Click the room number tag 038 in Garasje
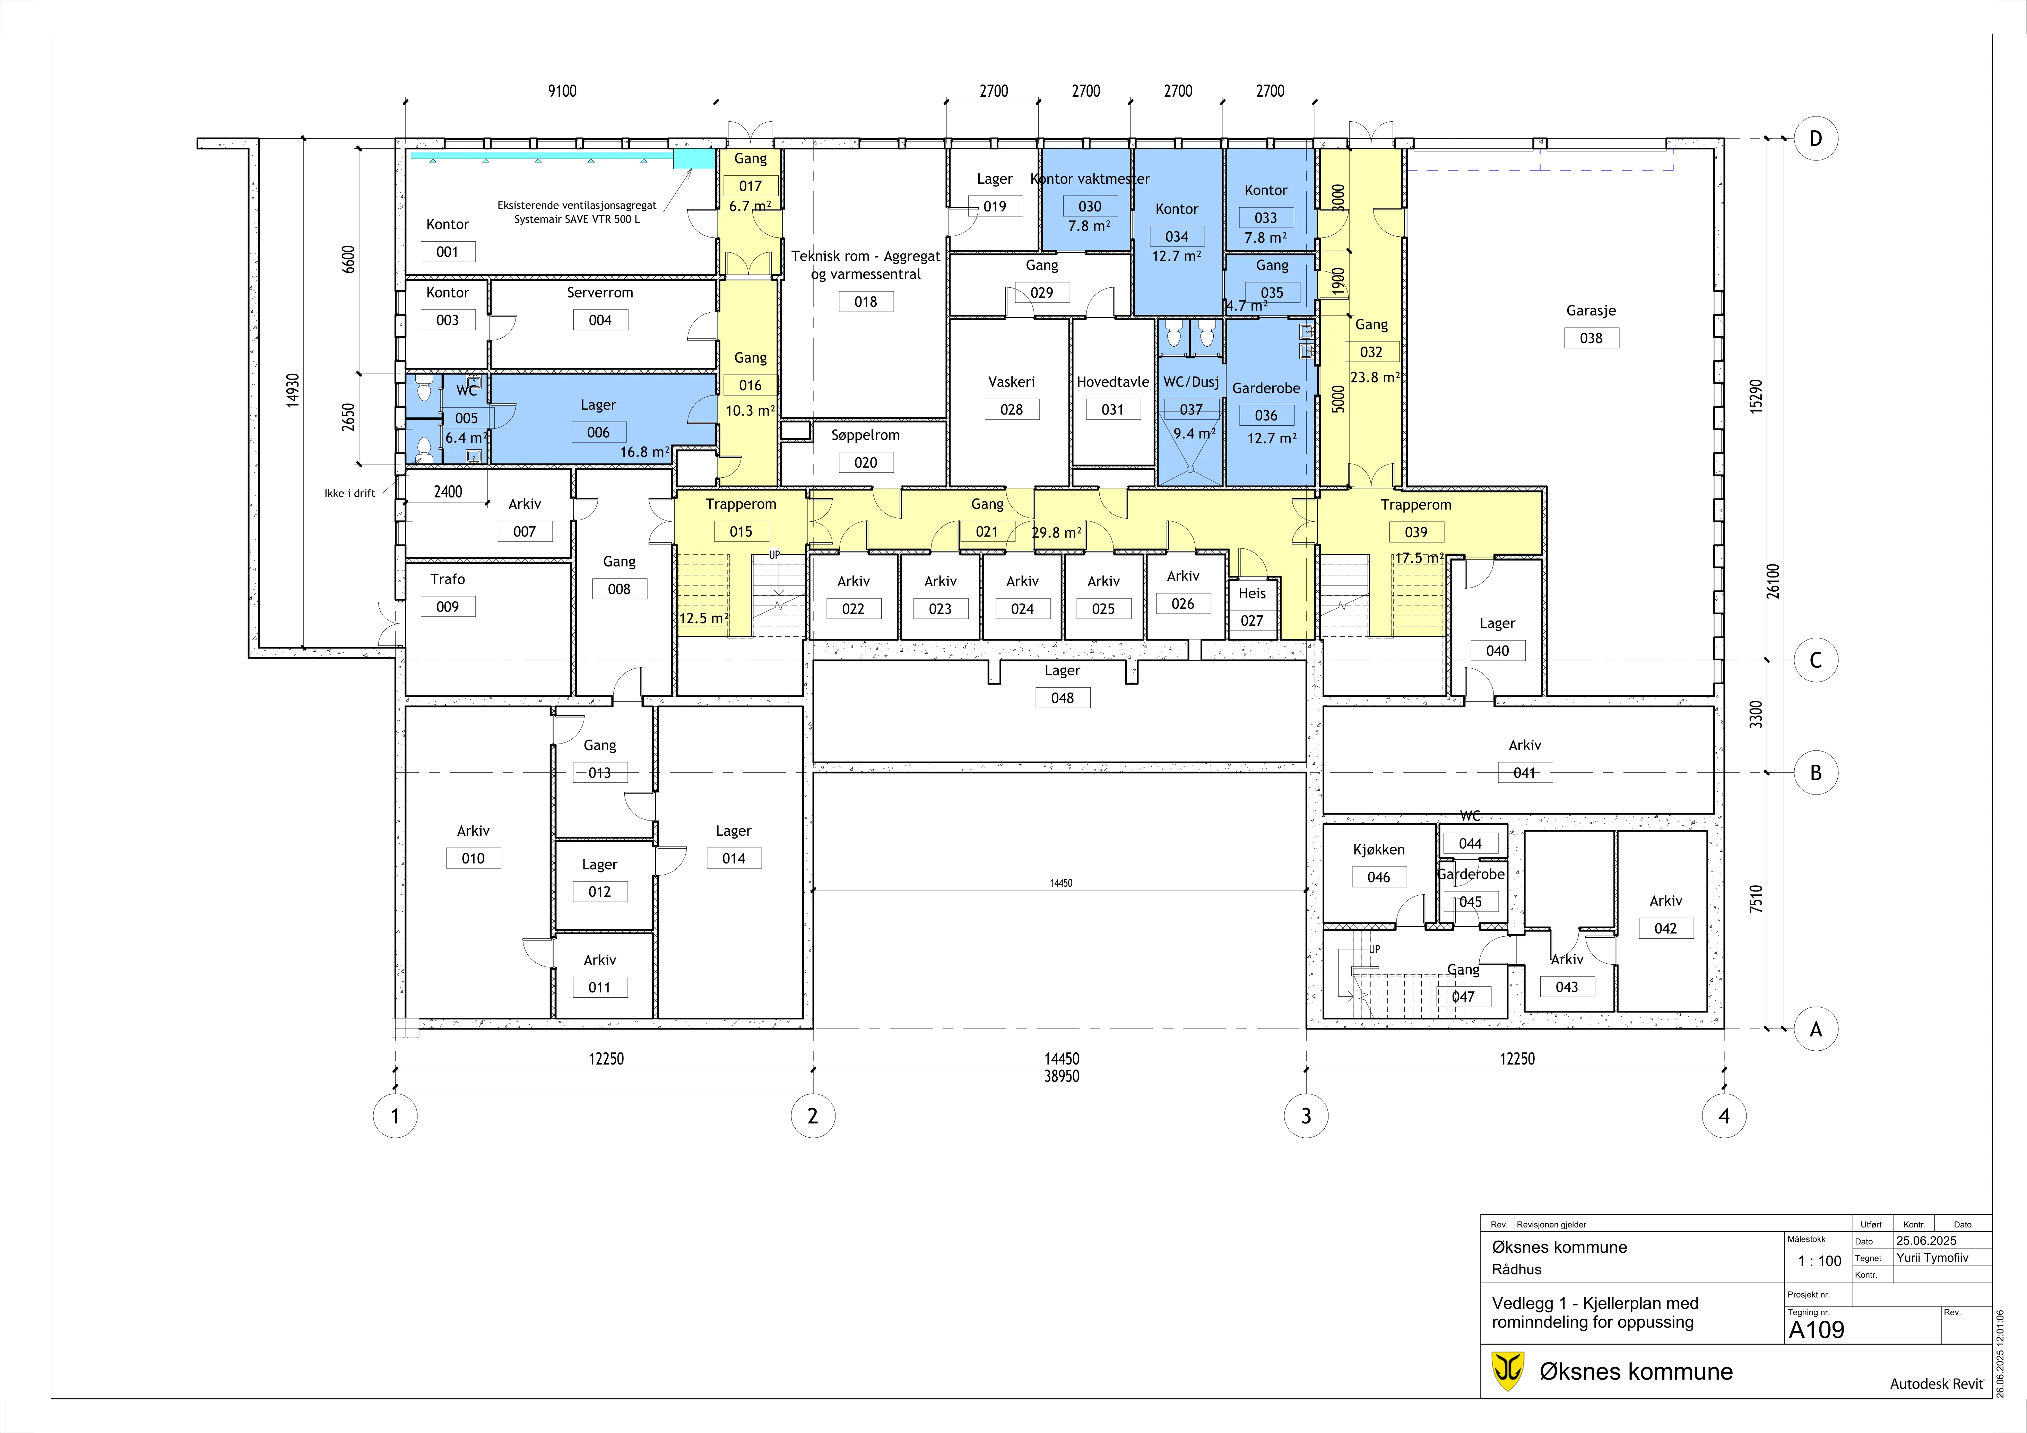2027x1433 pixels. point(1592,338)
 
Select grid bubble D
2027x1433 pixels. point(1816,139)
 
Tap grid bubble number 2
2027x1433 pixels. point(813,1116)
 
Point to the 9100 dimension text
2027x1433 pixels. point(562,91)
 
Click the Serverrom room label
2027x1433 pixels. point(600,292)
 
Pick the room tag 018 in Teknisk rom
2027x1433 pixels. point(866,302)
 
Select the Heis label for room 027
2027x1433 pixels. point(1252,593)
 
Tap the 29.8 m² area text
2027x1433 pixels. point(1057,532)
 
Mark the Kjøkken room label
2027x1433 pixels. point(1379,849)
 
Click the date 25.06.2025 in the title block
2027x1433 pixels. point(1926,1241)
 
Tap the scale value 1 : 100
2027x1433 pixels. point(1820,1261)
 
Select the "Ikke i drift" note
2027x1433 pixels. point(349,494)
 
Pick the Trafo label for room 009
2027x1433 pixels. point(448,579)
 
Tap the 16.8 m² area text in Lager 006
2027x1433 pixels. point(644,452)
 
